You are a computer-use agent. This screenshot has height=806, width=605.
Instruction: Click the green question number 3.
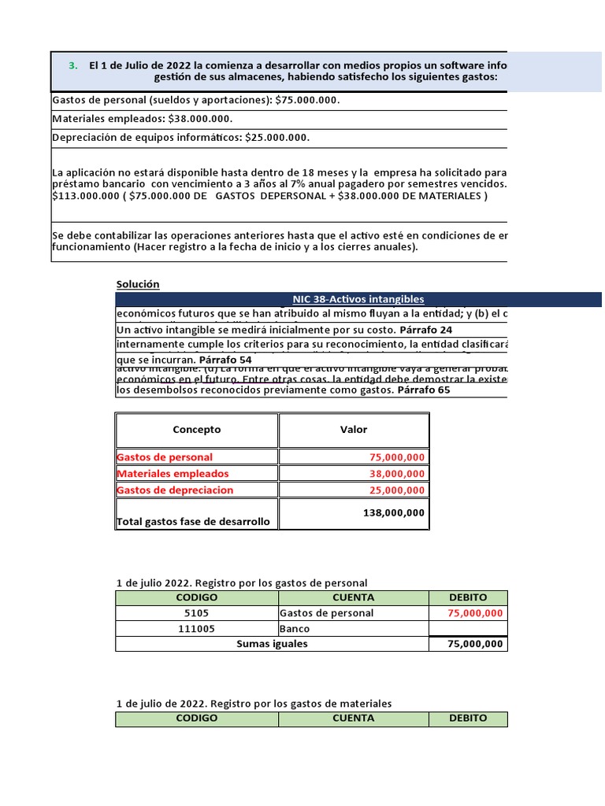tap(72, 65)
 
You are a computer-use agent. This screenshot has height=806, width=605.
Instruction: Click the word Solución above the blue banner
tap(138, 284)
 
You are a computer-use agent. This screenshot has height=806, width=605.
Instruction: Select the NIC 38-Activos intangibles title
tap(358, 299)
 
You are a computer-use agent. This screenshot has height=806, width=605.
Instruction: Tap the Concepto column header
tap(197, 430)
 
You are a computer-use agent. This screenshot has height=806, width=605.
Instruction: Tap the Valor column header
tap(354, 430)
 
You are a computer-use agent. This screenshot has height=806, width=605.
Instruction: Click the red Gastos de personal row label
tap(165, 457)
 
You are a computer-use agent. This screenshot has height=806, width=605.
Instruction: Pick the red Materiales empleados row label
tap(173, 474)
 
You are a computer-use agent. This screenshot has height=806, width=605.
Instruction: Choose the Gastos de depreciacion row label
tap(175, 490)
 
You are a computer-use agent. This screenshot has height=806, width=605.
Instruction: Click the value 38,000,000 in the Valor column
tap(397, 474)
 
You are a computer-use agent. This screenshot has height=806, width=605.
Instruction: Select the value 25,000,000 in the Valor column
tap(397, 490)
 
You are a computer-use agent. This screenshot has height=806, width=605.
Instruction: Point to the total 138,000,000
tap(394, 512)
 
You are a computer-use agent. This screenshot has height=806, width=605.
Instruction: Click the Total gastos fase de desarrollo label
tap(193, 522)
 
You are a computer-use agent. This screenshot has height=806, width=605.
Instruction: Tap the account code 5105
tap(197, 613)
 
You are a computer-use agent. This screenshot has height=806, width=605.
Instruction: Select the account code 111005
tap(197, 629)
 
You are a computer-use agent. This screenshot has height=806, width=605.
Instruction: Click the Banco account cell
tap(295, 629)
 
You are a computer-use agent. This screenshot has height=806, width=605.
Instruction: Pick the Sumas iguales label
tap(272, 644)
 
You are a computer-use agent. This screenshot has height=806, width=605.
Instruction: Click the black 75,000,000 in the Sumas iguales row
tap(475, 644)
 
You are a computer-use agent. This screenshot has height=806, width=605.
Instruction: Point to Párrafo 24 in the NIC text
tap(426, 330)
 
